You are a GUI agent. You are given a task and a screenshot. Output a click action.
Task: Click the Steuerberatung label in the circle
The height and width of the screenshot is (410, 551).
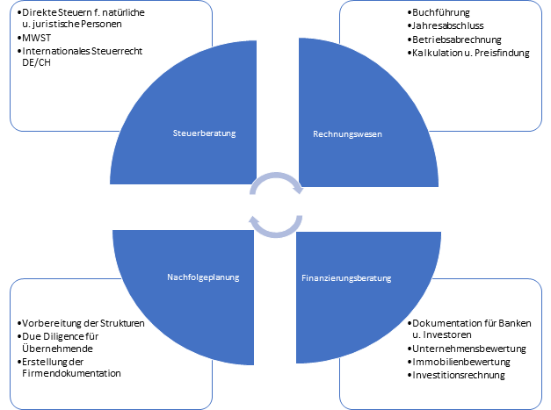pyautogui.click(x=204, y=133)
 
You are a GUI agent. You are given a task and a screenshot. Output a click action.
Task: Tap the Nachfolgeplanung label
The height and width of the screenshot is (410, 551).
pyautogui.click(x=204, y=277)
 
